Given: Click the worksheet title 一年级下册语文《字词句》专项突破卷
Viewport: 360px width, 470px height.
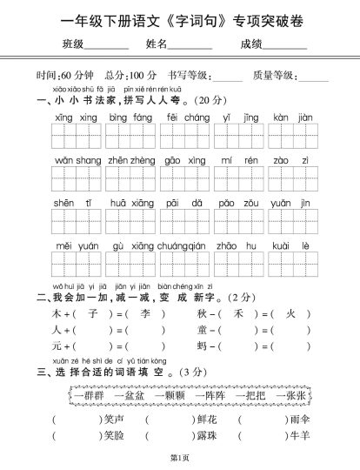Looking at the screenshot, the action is tap(180, 19).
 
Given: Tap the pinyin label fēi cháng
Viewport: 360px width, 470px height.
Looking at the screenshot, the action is tap(187, 117).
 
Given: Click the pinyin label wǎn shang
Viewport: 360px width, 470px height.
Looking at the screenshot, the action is tap(77, 162).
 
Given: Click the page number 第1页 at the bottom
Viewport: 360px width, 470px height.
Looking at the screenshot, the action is tap(180, 458).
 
